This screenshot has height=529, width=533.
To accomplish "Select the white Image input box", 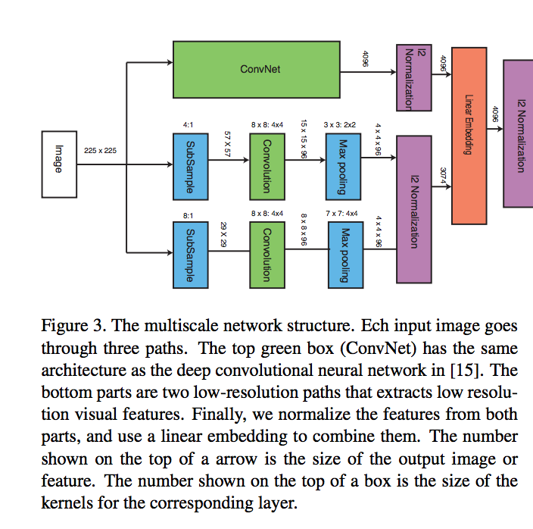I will point(58,162).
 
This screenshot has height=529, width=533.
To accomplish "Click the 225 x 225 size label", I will point(100,151).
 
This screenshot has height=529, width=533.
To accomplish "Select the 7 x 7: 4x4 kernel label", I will point(344,214).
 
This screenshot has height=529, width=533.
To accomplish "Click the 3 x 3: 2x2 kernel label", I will point(339,124).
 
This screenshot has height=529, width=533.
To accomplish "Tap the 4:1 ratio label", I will point(189,124).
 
